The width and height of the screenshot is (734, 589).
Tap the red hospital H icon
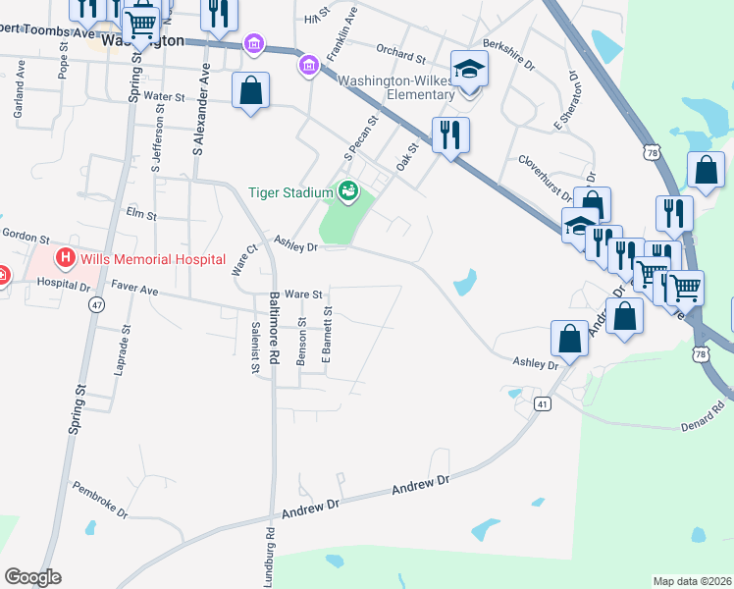point(66,260)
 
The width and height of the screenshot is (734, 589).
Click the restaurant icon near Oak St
point(450,134)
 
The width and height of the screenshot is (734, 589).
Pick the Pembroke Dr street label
point(101,499)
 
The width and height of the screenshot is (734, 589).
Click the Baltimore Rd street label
point(276,328)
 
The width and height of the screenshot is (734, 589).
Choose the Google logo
point(32,577)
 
